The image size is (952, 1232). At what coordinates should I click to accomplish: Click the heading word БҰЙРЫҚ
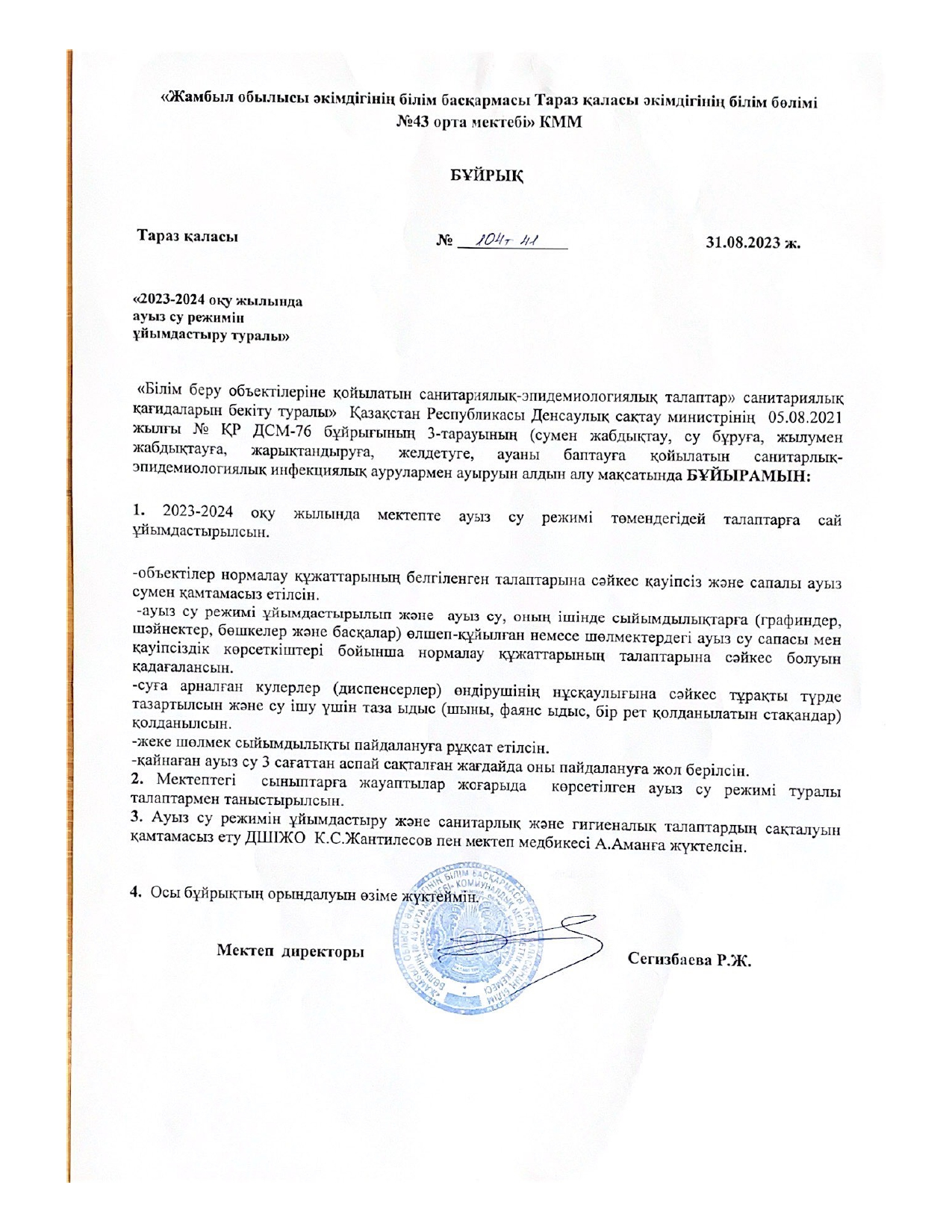[486, 176]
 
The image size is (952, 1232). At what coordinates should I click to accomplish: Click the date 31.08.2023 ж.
[753, 242]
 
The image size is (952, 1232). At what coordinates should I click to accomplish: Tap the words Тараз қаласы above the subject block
[187, 237]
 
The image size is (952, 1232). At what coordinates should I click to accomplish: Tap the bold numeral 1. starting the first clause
[137, 511]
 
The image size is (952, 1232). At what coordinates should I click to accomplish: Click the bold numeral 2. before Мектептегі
[137, 780]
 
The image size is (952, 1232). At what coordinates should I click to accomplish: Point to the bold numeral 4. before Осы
[136, 892]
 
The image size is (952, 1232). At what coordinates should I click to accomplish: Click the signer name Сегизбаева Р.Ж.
[689, 960]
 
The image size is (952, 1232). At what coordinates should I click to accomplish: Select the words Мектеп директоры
[290, 951]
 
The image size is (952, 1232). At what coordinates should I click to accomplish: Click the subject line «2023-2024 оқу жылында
[217, 302]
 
